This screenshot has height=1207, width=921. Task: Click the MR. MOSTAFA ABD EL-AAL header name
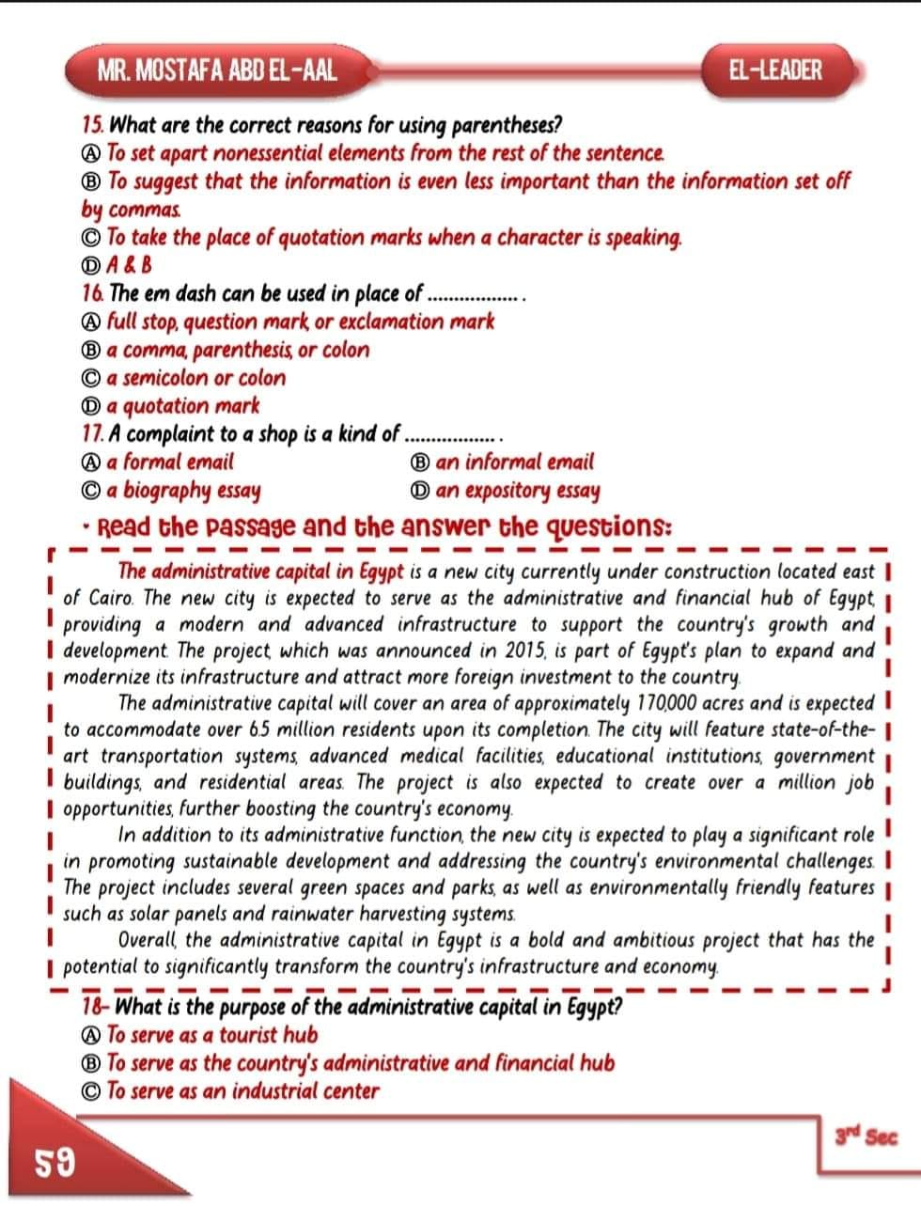tap(217, 70)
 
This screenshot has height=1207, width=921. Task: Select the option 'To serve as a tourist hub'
tap(212, 1035)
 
